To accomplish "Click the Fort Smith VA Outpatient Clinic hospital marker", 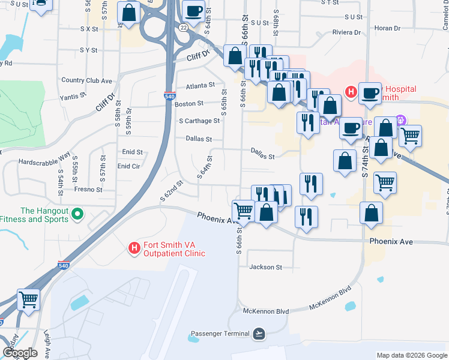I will (x=134, y=247).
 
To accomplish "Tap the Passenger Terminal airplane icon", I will (x=259, y=333).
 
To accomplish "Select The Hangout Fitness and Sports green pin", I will (x=77, y=214).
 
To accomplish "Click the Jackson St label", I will (x=265, y=267).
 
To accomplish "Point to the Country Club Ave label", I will (x=87, y=80).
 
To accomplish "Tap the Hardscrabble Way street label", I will (x=44, y=162).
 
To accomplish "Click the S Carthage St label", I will (x=199, y=121).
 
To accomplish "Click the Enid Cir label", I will (x=129, y=166).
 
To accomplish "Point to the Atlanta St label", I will (x=200, y=86).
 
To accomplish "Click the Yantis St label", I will (x=73, y=97).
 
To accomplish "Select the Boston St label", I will (x=189, y=104).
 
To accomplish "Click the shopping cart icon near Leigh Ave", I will (x=29, y=299).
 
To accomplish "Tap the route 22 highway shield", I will (x=182, y=27).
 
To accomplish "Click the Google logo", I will (x=20, y=353).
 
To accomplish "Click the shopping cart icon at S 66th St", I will (x=243, y=210).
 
